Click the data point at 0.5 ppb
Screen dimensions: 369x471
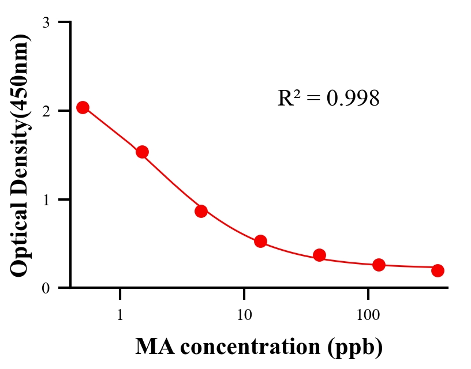(x=83, y=107)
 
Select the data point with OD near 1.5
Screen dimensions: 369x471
(x=142, y=152)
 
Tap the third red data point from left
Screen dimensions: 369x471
(x=201, y=211)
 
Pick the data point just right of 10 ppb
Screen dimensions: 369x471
(x=260, y=241)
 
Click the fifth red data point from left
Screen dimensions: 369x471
(x=319, y=255)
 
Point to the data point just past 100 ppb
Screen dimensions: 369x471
(x=379, y=265)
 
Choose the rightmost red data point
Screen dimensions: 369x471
(x=438, y=270)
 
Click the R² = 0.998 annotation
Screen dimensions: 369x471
(x=328, y=99)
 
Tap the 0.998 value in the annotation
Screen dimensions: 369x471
(x=353, y=99)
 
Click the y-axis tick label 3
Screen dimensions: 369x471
(x=46, y=22)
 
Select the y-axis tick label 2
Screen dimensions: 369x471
(x=46, y=111)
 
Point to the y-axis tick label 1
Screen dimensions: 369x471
(x=46, y=199)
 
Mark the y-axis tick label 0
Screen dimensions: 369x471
(x=46, y=288)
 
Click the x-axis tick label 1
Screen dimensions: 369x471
(x=120, y=315)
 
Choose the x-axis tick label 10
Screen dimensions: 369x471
(x=244, y=315)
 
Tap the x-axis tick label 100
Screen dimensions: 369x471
(x=368, y=315)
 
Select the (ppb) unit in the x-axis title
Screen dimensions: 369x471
(x=354, y=347)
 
